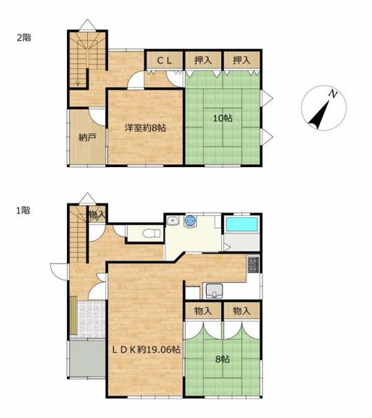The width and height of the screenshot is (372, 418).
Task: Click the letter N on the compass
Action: [333, 94]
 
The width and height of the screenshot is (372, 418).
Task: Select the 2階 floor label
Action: [24, 38]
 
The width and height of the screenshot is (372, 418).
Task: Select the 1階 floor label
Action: [23, 211]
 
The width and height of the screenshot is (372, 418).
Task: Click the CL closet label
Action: [164, 61]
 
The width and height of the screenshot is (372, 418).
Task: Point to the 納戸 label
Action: [87, 137]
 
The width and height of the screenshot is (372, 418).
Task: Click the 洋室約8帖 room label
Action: [146, 128]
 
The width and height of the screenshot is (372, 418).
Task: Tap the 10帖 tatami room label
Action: [223, 118]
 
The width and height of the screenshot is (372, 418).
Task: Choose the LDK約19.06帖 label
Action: [146, 349]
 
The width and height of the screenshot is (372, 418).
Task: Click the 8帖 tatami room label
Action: [223, 359]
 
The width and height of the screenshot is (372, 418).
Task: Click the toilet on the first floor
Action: [152, 233]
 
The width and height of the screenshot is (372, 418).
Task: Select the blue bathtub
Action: [242, 225]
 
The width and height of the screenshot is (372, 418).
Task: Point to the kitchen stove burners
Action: [253, 264]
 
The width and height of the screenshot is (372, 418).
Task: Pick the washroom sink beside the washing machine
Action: [173, 220]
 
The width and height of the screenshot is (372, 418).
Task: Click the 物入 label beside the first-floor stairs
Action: [97, 215]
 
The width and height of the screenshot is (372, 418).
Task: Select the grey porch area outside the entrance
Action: [87, 359]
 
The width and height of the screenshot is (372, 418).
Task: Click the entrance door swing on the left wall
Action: [60, 272]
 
